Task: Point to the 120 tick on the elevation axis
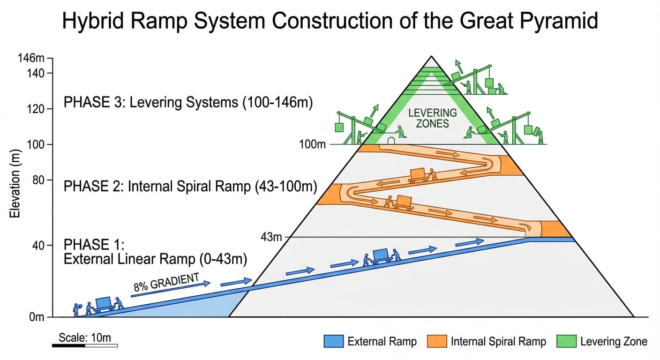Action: click(37, 109)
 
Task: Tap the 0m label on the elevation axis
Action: click(36, 317)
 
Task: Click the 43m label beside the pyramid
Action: click(271, 237)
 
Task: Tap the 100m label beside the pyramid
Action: click(312, 144)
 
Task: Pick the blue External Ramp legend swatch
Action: click(333, 341)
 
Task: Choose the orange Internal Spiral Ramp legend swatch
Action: click(436, 341)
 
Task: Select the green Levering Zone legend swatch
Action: click(566, 341)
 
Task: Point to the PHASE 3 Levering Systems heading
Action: click(188, 103)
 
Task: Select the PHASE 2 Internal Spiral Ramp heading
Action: click(190, 187)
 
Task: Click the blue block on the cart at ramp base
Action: click(103, 302)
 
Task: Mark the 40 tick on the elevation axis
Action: click(37, 245)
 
